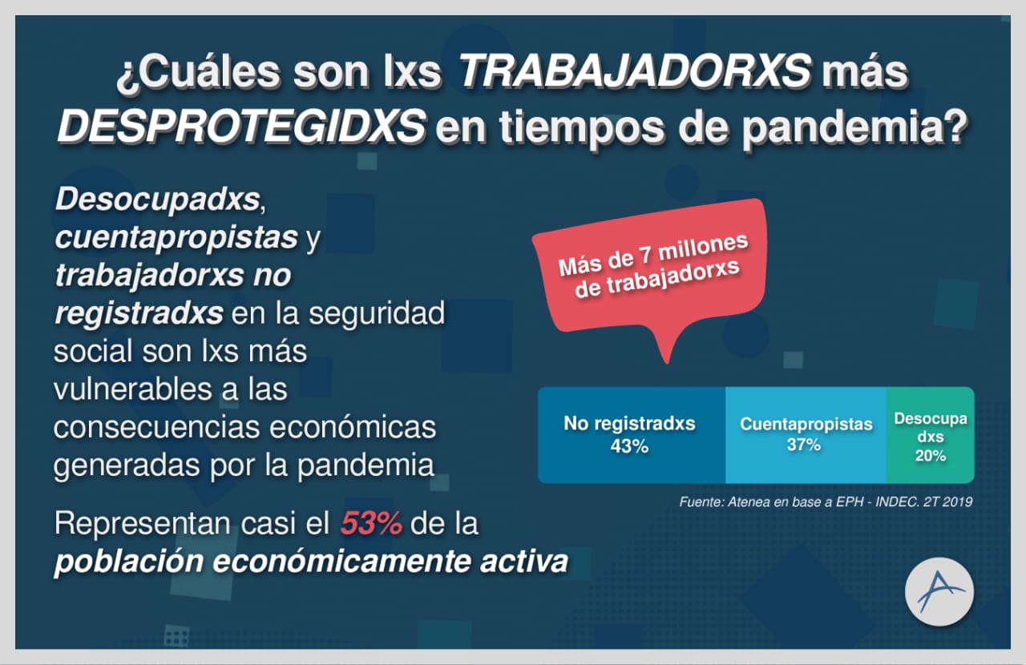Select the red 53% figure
tap(371, 523)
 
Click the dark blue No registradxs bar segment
tap(632, 435)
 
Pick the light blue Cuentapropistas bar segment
tap(806, 435)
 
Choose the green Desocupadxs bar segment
tap(931, 435)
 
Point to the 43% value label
tap(629, 446)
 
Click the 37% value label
tap(804, 445)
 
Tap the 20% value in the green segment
tap(931, 455)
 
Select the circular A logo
tap(939, 591)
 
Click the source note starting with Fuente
tap(826, 502)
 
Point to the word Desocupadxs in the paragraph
tap(158, 199)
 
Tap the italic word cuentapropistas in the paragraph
tap(176, 238)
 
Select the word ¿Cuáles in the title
tap(198, 72)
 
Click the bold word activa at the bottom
tap(524, 561)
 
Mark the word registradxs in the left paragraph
tap(139, 314)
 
